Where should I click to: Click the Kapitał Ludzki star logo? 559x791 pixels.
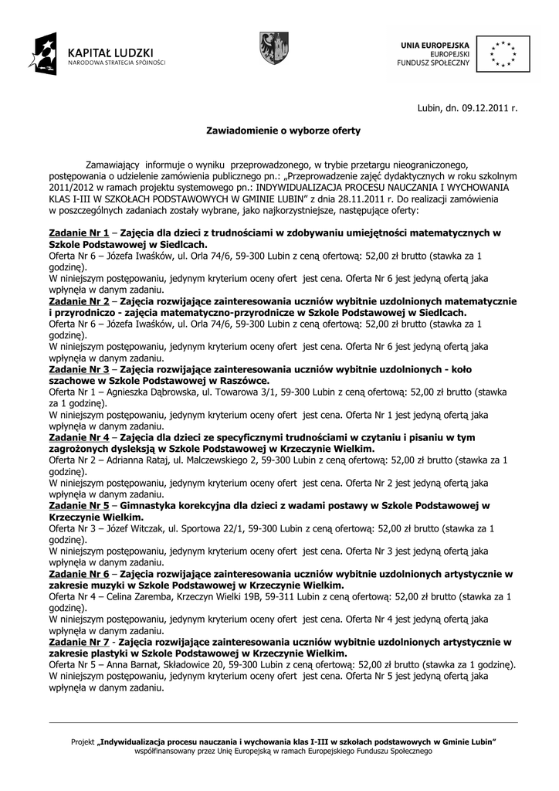click(x=43, y=53)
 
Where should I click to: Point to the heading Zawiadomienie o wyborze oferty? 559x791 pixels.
click(x=283, y=131)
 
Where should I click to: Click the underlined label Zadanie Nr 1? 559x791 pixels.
click(x=79, y=232)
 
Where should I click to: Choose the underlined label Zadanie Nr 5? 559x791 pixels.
click(x=79, y=506)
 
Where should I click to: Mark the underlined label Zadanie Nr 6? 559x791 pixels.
click(x=79, y=574)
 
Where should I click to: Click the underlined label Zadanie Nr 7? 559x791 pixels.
click(x=79, y=642)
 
